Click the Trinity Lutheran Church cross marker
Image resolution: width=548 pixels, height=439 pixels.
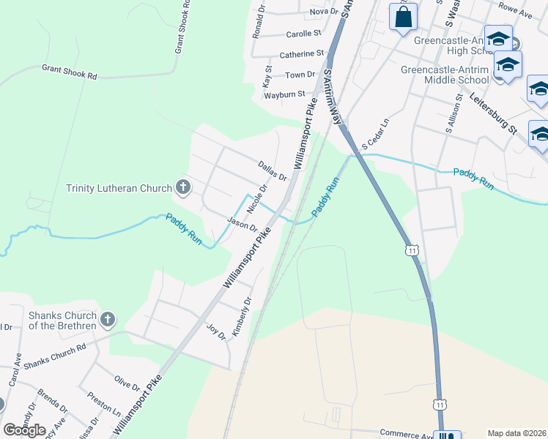pyautogui.click(x=183, y=188)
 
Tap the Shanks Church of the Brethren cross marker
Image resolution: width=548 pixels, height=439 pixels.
pyautogui.click(x=108, y=320)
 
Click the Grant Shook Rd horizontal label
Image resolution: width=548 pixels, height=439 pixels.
pyautogui.click(x=70, y=71)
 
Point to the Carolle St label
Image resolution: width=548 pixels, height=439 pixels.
pyautogui.click(x=304, y=34)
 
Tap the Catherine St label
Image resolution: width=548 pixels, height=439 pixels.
pyautogui.click(x=302, y=54)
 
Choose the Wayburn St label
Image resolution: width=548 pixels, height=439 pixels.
pyautogui.click(x=284, y=94)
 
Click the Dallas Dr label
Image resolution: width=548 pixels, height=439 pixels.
pyautogui.click(x=272, y=171)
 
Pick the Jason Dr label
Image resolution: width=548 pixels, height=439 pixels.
pyautogui.click(x=242, y=224)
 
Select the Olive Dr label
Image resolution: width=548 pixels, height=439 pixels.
pyautogui.click(x=127, y=383)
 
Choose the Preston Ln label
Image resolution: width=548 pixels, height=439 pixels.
pyautogui.click(x=103, y=403)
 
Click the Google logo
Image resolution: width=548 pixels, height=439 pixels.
pyautogui.click(x=24, y=430)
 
